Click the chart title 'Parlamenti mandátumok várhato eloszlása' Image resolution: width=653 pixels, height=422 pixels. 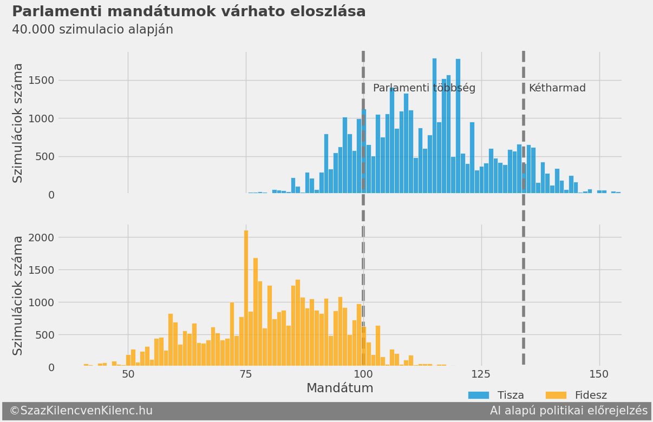[x=188, y=12]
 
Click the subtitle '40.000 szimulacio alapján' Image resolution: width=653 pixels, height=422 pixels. [x=93, y=30]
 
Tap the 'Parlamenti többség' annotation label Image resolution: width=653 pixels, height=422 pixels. [x=424, y=88]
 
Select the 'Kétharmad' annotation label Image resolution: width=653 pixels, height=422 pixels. [x=557, y=88]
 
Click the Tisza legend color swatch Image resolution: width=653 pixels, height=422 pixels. [x=478, y=395]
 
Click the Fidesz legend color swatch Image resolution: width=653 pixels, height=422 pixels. [x=556, y=395]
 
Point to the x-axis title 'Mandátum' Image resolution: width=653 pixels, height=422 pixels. [x=339, y=388]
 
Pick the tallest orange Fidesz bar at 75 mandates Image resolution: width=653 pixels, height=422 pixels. [x=246, y=298]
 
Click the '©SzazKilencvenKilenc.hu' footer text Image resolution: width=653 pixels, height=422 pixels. [x=81, y=411]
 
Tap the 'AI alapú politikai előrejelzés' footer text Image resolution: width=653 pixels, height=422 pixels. [x=569, y=411]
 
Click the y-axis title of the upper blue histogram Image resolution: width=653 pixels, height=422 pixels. [x=18, y=123]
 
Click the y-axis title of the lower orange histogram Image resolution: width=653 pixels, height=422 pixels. [x=18, y=295]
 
